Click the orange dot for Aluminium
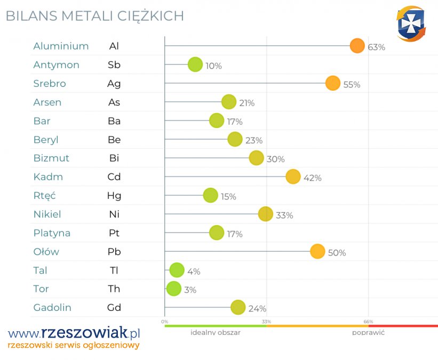357,46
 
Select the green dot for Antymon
195,65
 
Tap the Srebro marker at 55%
333,83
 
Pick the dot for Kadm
293,177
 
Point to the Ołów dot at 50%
317,252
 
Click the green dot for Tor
173,289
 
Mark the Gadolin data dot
238,307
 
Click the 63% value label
376,47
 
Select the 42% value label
312,178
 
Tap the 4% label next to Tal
194,271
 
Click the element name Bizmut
51,158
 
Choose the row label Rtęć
44,196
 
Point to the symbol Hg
114,196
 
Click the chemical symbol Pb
114,252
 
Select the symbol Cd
114,177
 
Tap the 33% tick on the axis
266,322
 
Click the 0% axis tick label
165,322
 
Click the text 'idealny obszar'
216,332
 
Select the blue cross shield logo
411,24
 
